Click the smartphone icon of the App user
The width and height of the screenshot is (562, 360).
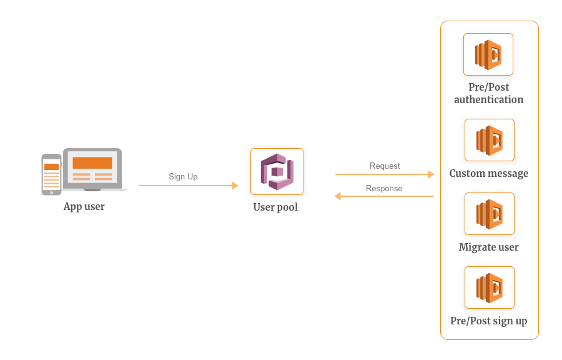click(51, 174)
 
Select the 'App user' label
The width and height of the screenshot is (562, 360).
click(84, 207)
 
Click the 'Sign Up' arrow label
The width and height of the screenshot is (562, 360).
click(183, 176)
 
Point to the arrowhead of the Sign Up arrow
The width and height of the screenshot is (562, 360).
click(235, 186)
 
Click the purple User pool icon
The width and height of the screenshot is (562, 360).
click(277, 172)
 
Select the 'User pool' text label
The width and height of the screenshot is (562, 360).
click(275, 207)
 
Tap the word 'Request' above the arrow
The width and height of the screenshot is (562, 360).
click(385, 166)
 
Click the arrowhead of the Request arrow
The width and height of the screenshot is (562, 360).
click(431, 174)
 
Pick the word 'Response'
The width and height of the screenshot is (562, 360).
click(384, 189)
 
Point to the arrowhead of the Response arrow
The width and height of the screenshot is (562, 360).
click(338, 196)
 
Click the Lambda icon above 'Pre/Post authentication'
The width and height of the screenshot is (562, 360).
click(488, 54)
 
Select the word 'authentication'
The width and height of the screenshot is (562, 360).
click(488, 99)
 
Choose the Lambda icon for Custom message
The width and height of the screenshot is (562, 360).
click(490, 140)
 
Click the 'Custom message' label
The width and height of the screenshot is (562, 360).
click(489, 174)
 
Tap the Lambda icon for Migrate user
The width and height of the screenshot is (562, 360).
click(490, 214)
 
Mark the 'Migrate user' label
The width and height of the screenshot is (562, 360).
click(489, 247)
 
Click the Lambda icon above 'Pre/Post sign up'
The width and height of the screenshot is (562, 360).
click(490, 287)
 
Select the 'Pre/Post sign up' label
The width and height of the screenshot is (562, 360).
click(489, 321)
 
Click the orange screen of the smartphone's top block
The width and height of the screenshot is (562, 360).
click(51, 167)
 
